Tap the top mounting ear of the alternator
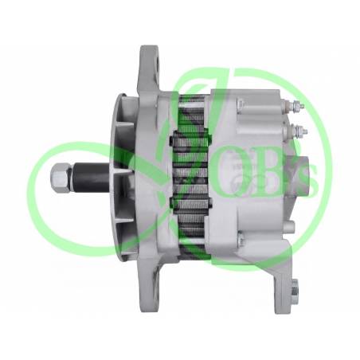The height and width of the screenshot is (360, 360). coord(155,68)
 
